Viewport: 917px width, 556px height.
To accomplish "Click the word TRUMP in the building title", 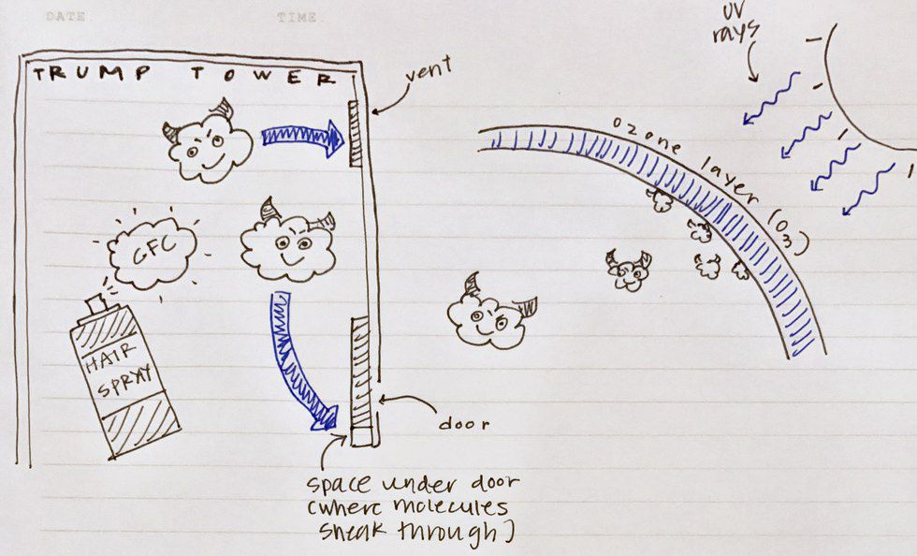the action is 92,74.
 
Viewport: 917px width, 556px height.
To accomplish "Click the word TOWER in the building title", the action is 263,76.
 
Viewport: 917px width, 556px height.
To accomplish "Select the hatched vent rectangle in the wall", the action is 355,134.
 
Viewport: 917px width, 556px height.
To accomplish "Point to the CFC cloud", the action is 153,253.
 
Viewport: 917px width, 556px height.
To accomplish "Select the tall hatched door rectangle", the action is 361,381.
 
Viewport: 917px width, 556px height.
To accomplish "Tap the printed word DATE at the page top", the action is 65,17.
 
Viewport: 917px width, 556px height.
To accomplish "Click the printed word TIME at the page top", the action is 298,18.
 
